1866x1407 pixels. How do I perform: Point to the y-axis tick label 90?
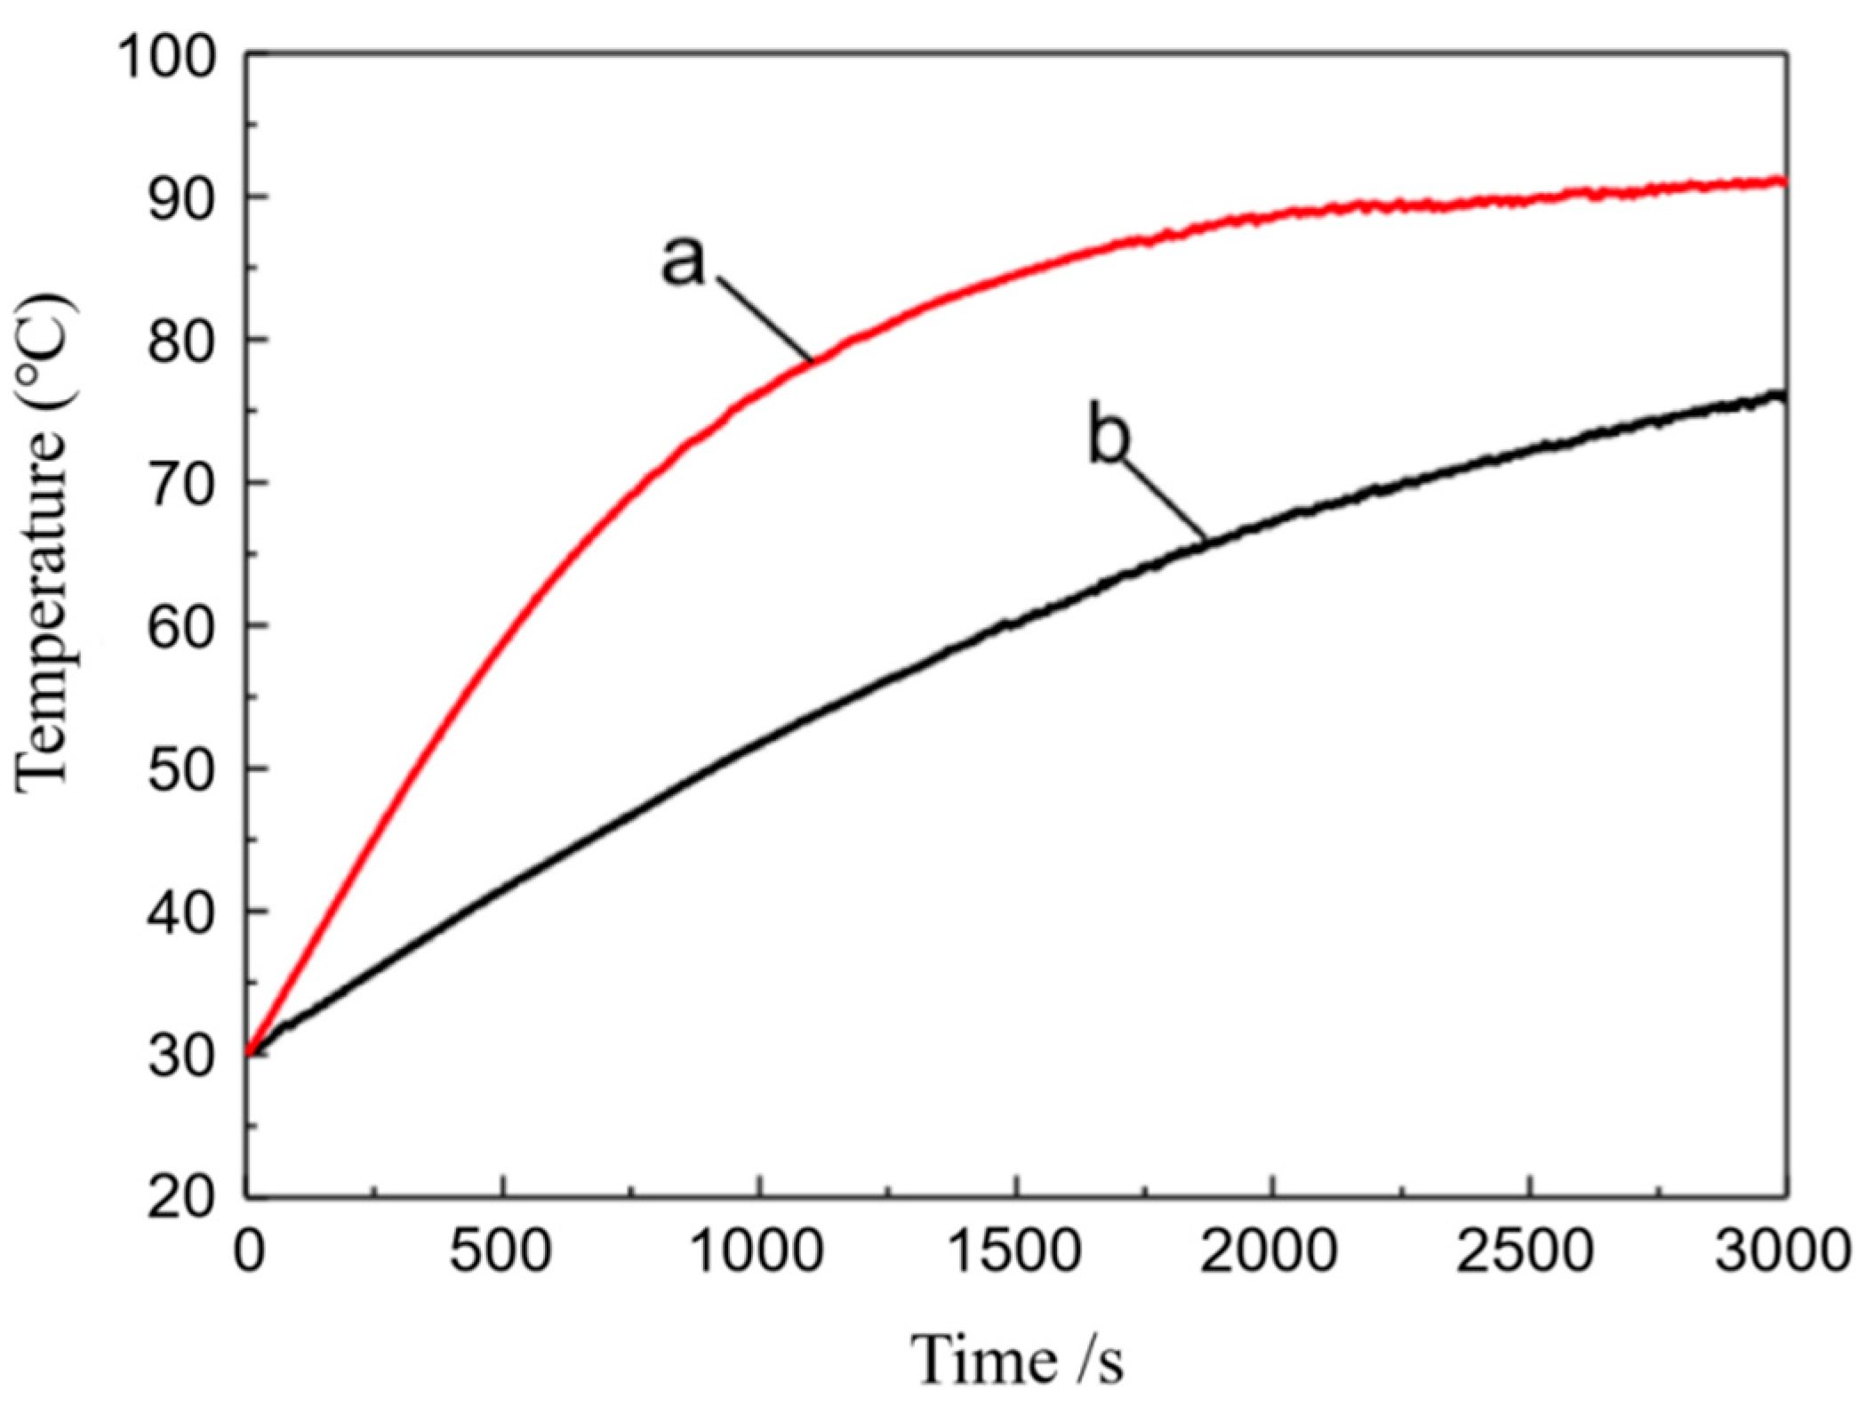(181, 199)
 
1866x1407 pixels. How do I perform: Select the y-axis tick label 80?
(181, 342)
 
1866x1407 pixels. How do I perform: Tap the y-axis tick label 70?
(181, 485)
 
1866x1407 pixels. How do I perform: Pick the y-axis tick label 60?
(181, 627)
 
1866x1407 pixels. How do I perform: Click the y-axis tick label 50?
(181, 770)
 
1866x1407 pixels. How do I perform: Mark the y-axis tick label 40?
(181, 913)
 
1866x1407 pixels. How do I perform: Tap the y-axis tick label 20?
(181, 1198)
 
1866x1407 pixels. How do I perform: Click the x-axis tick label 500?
(501, 1251)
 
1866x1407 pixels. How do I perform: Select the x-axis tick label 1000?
(757, 1251)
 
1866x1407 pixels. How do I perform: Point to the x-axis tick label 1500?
(1014, 1251)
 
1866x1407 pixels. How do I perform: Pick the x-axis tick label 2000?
(1271, 1251)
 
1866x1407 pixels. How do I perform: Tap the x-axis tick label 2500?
(1526, 1251)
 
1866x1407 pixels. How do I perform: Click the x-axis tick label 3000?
(1782, 1251)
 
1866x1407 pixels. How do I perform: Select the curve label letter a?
(683, 261)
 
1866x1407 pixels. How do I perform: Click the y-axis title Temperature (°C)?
(44, 543)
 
